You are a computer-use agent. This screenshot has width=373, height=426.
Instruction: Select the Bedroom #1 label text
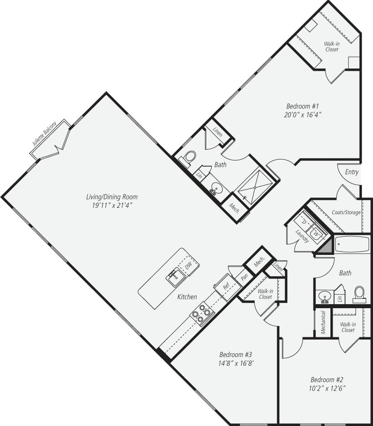click(x=302, y=106)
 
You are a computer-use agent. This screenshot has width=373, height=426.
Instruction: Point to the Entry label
click(x=351, y=172)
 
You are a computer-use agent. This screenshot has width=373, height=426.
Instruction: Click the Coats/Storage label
click(x=346, y=212)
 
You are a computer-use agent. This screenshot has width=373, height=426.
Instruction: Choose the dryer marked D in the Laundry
click(x=304, y=222)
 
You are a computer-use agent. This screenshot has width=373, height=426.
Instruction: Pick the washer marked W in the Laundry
click(x=317, y=232)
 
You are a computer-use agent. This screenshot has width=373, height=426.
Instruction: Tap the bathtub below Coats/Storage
click(x=352, y=245)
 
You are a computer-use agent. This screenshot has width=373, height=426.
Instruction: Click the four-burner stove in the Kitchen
click(x=202, y=313)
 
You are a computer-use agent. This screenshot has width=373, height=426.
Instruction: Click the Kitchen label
click(x=187, y=297)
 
